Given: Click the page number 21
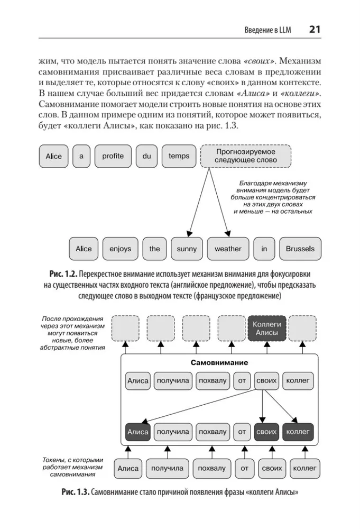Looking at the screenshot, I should point(315,29).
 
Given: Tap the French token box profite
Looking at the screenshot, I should point(113,156).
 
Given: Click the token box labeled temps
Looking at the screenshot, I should point(179,156).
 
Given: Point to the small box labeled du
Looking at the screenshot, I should point(146,156).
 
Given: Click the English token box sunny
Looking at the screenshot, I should point(187,249).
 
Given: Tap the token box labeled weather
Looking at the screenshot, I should point(228,249).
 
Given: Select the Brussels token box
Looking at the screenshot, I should point(300,249).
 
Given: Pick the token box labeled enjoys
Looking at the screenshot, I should point(120,249).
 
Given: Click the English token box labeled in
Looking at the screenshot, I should point(264,249).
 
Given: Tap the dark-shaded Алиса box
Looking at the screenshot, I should point(137,432).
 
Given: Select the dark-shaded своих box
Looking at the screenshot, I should point(266,432).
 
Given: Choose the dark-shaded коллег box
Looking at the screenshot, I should point(298,432).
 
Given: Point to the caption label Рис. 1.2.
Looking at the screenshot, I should point(63,275).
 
